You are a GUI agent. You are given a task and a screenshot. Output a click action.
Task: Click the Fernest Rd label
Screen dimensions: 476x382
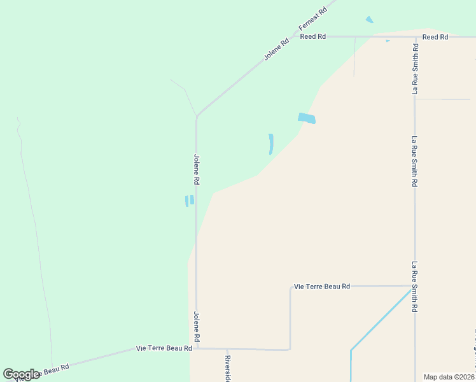[x=313, y=20]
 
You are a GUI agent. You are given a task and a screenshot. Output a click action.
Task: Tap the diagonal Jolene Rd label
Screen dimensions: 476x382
[x=277, y=50]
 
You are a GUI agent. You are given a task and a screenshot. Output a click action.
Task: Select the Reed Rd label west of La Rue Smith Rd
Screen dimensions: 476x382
[x=313, y=37]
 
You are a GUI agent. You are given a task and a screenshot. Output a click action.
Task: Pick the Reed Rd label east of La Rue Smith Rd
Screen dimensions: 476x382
[x=435, y=37]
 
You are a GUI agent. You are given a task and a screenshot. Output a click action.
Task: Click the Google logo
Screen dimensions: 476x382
[x=21, y=374]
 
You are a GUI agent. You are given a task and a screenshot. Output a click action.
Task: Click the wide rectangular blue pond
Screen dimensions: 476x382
[x=306, y=118]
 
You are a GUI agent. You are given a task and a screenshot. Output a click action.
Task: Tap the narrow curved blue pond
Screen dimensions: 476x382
[x=271, y=144]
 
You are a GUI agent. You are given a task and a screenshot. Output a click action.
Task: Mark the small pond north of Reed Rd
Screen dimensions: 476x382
[x=369, y=20]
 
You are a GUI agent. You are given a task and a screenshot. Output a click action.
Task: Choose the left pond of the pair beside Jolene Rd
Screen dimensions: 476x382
[x=186, y=201]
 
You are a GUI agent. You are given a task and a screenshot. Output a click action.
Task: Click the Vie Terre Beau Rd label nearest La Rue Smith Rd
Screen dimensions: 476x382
[x=322, y=286]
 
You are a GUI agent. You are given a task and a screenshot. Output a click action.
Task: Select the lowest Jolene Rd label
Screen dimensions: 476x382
[x=197, y=325]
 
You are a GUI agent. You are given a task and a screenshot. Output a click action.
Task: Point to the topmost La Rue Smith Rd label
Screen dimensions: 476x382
[x=415, y=69]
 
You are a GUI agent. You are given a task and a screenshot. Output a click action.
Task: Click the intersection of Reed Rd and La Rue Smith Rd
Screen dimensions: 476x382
[x=415, y=37]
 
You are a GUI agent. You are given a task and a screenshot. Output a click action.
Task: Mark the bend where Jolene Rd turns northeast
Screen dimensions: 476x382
[x=197, y=117]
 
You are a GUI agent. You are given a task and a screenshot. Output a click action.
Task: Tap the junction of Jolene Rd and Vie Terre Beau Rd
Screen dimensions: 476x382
[x=197, y=348]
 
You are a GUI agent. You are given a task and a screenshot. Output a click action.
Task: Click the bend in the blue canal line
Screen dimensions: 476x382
[x=351, y=350]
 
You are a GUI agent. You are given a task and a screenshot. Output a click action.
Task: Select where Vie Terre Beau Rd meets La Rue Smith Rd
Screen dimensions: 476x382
[x=415, y=286]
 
